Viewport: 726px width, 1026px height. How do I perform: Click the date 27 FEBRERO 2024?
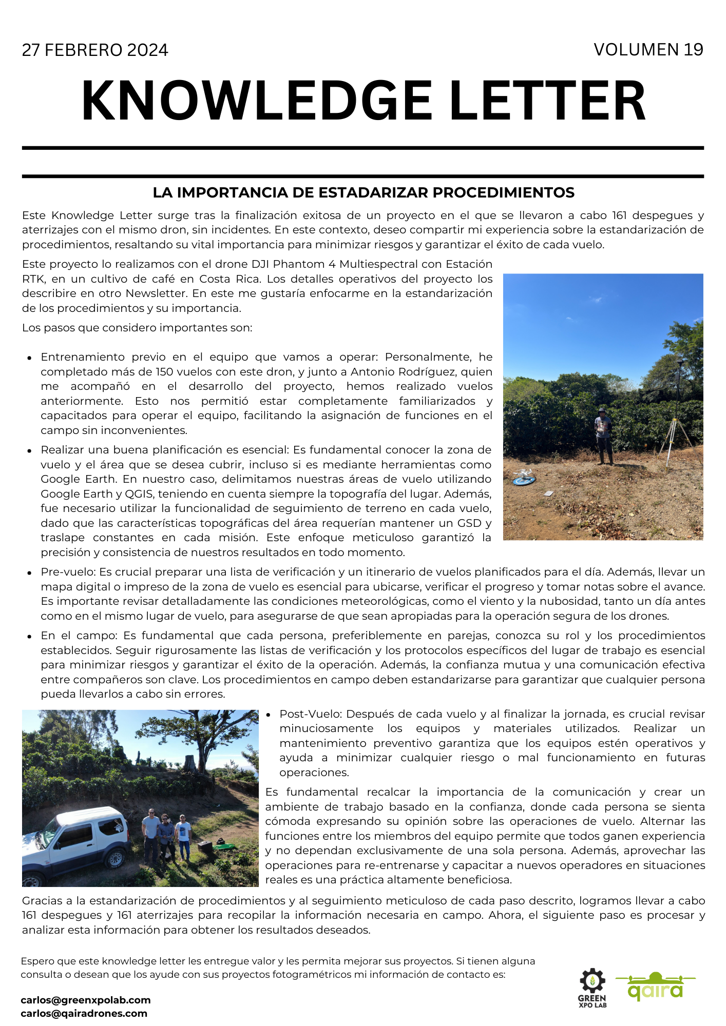(95, 50)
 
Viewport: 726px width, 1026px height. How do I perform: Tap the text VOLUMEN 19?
(648, 50)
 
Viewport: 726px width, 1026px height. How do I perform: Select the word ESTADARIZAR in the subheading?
(373, 193)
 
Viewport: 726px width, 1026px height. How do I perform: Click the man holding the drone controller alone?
(603, 436)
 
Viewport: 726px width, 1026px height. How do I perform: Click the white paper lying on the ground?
(548, 494)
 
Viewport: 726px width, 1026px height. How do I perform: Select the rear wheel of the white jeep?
(116, 858)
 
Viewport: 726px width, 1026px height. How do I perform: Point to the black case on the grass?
(205, 847)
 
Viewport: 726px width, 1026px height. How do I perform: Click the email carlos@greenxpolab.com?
(86, 1000)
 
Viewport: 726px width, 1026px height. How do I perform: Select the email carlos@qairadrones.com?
(84, 1013)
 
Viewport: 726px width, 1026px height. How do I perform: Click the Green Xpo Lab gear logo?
(593, 988)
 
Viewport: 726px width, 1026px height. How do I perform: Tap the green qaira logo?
(655, 987)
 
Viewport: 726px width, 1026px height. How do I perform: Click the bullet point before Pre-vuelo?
(30, 573)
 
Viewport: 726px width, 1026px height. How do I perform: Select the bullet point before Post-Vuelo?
(269, 715)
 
